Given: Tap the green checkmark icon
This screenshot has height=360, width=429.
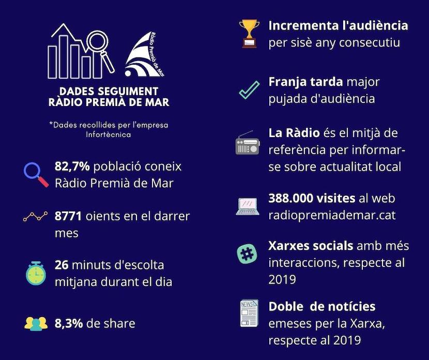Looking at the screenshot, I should (249, 89).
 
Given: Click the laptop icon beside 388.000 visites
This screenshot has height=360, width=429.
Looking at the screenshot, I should (248, 206).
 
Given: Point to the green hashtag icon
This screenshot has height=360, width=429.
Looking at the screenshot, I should (247, 254).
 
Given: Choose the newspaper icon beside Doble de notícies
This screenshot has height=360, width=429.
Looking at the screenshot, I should (249, 313).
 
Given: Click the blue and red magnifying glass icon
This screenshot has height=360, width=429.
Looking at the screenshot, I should (36, 175).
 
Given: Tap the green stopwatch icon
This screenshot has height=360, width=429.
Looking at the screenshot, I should (36, 273).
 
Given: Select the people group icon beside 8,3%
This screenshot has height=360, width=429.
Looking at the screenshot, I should (36, 323).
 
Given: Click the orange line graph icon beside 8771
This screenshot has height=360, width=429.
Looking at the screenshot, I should (36, 216).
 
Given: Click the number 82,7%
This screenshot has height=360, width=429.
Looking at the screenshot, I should (72, 167).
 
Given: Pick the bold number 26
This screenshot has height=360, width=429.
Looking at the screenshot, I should (62, 265).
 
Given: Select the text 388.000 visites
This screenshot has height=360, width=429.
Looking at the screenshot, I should (311, 199).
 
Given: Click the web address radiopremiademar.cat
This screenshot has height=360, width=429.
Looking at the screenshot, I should (332, 215).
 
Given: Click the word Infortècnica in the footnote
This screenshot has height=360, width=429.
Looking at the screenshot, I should (108, 134).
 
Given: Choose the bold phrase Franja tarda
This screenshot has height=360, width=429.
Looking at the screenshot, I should (305, 82).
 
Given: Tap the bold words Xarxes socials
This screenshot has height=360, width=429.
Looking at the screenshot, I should (311, 246).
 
